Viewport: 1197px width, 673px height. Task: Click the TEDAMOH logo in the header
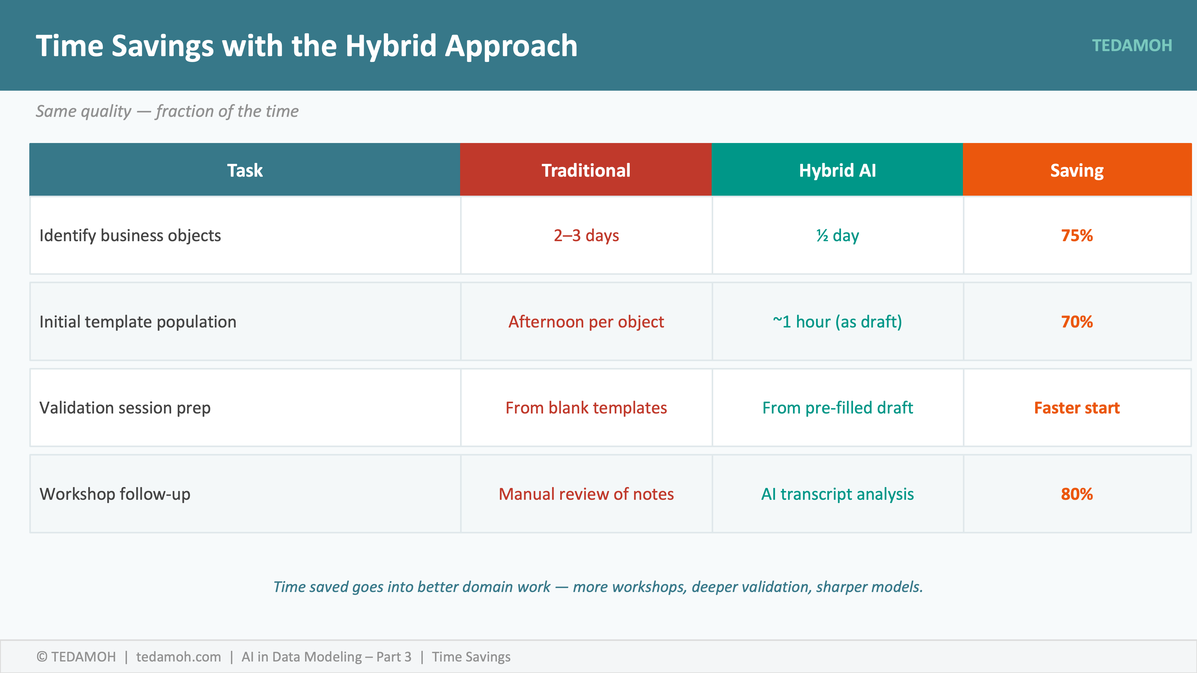click(1132, 45)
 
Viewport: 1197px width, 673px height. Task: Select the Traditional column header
click(586, 170)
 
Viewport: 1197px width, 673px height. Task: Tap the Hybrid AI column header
click(837, 170)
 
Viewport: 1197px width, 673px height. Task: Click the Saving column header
click(1077, 170)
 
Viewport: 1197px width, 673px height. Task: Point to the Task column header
click(245, 170)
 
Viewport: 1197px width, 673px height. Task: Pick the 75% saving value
click(1077, 236)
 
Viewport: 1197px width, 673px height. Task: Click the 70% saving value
click(1077, 322)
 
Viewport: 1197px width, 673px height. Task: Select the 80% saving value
click(1077, 494)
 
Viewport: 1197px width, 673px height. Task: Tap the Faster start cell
click(1077, 408)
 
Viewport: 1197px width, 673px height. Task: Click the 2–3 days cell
click(586, 236)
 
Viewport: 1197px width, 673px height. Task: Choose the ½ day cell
click(837, 236)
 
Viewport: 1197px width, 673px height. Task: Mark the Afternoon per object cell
click(586, 322)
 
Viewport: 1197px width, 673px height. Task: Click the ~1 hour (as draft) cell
click(837, 322)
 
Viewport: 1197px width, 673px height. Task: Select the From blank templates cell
click(586, 408)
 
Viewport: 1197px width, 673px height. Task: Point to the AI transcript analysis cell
click(837, 494)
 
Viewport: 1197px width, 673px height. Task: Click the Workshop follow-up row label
click(115, 494)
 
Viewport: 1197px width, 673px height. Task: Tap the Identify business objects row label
click(130, 236)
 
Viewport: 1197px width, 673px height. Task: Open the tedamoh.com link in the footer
click(178, 657)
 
